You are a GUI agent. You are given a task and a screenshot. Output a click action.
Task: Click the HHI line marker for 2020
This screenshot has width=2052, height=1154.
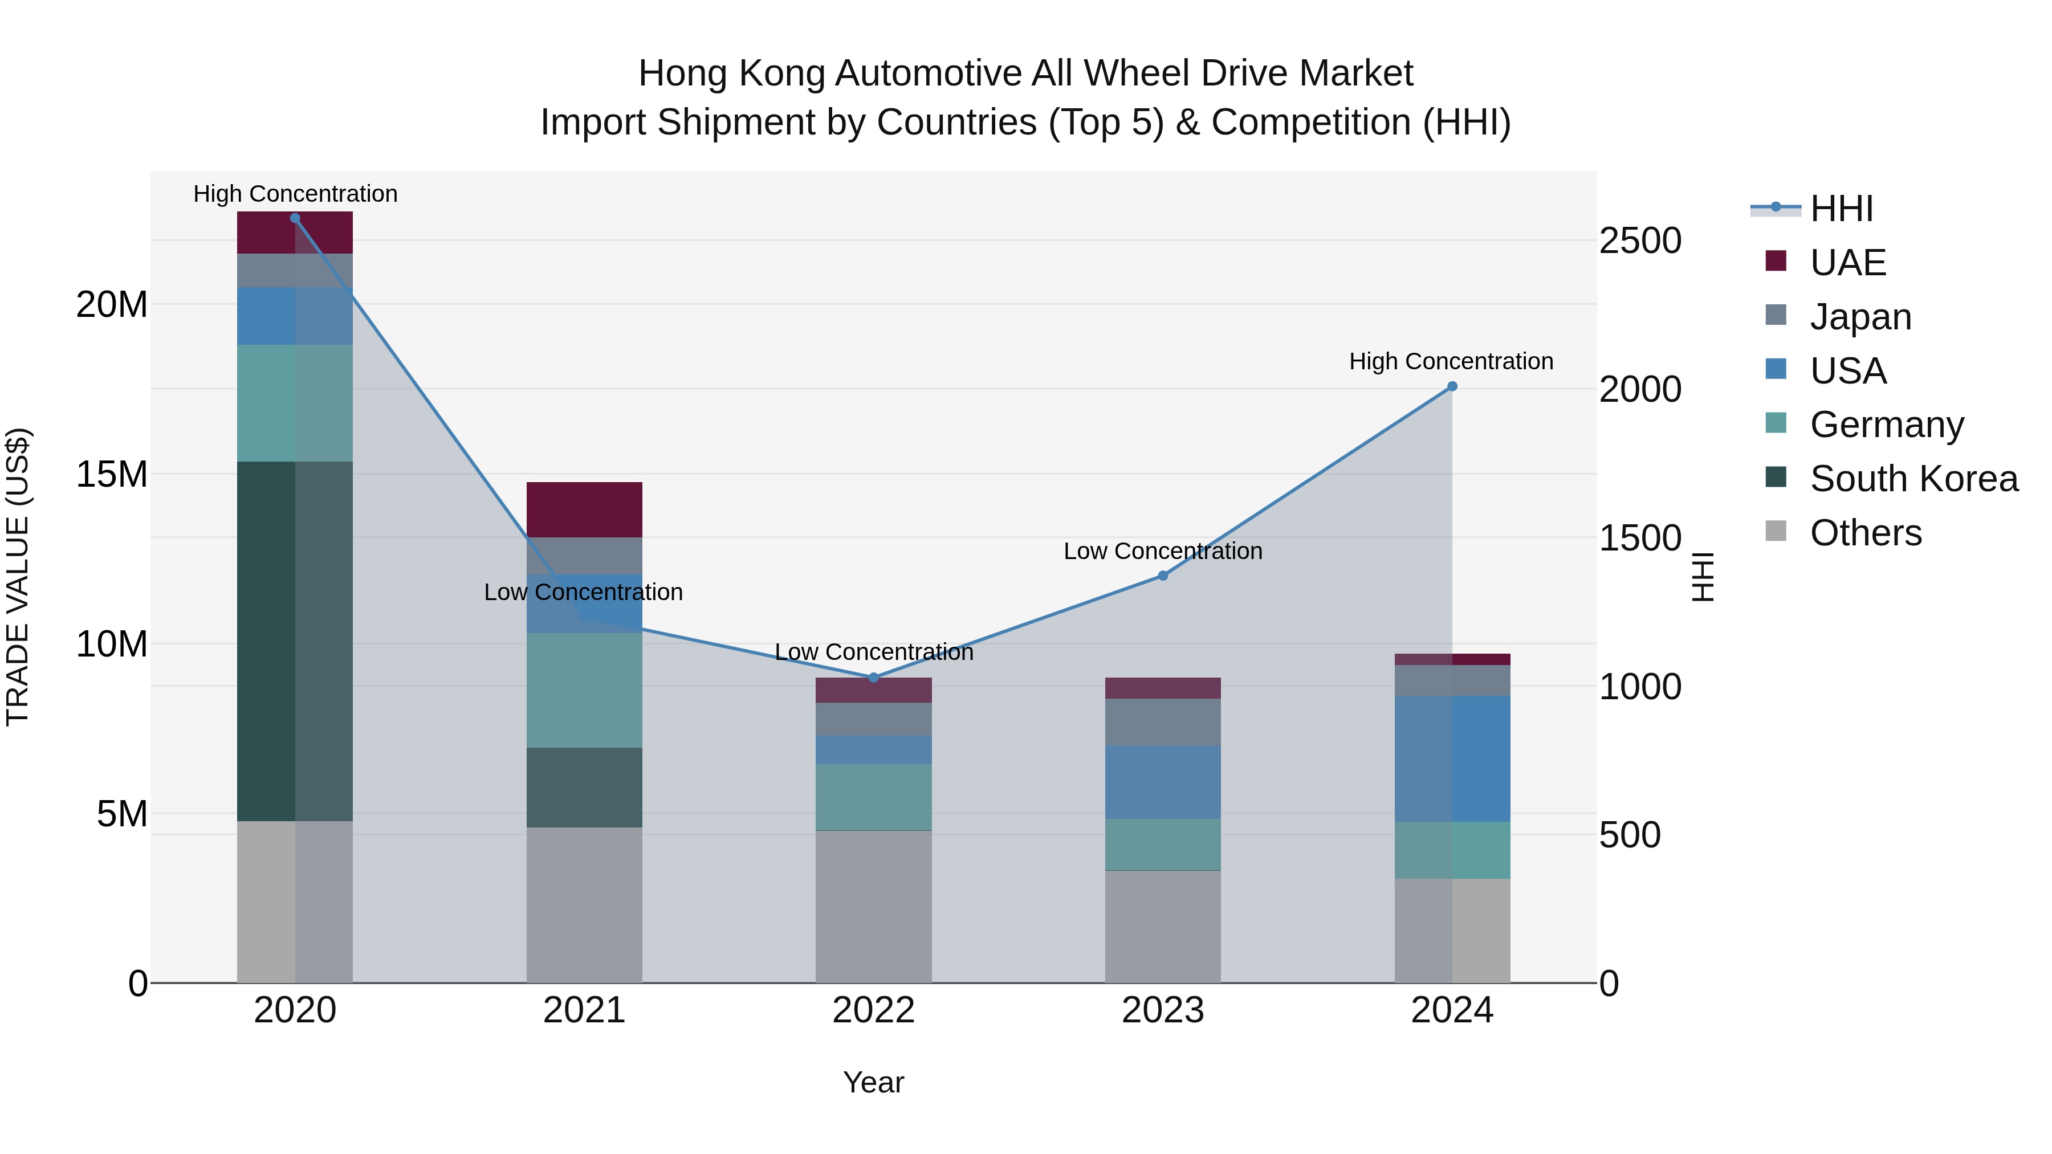[295, 218]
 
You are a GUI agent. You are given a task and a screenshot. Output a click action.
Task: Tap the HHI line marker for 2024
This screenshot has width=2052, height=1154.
[1451, 386]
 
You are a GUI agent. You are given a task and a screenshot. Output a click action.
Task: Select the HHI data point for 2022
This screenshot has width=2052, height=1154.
[873, 678]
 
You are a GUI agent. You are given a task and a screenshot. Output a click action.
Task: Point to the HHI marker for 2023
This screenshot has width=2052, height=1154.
[1162, 576]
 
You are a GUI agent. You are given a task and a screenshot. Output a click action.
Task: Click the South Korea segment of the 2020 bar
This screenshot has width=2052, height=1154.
[295, 641]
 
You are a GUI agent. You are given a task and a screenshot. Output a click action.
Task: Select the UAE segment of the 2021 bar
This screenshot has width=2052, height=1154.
[584, 509]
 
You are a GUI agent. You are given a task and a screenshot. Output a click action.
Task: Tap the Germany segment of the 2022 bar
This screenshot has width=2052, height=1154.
[873, 797]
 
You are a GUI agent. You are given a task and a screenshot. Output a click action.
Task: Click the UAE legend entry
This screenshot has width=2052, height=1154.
[1847, 263]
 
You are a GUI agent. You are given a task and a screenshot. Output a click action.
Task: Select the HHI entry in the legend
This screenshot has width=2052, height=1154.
[1841, 209]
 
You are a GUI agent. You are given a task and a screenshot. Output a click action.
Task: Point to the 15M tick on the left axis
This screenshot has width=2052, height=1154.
[112, 475]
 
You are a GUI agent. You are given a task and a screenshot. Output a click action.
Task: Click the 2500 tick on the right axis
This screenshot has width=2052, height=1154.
[1640, 240]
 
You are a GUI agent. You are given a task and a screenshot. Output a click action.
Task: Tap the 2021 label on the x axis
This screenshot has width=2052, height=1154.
[584, 1010]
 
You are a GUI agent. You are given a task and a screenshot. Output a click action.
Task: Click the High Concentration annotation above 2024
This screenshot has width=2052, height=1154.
[1451, 361]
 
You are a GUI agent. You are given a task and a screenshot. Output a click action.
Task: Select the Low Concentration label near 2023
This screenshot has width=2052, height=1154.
[1162, 551]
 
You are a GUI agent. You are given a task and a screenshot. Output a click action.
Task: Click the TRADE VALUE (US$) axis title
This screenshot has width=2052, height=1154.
[18, 577]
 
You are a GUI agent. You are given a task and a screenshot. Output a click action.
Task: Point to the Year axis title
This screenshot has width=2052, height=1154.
[873, 1082]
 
